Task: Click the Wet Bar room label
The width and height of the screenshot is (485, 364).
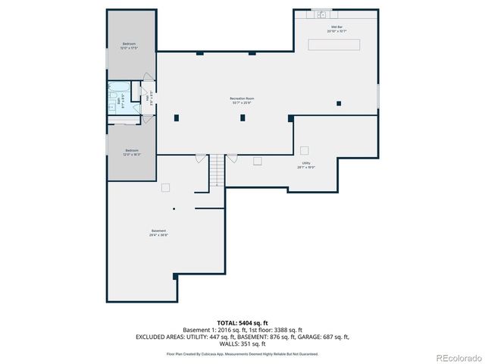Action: pos(336,30)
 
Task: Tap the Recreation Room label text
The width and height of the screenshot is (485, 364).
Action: pos(242,101)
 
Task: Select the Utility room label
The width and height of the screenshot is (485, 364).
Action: pos(306,165)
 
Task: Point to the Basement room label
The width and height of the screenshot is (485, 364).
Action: pos(158,233)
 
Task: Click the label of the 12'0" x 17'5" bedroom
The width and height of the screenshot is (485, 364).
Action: pos(130,46)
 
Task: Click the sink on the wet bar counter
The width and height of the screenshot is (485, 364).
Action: pos(324,13)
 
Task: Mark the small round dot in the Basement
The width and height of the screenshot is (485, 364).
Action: pos(174,209)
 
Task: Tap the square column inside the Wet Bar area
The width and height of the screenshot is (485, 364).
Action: pos(339,103)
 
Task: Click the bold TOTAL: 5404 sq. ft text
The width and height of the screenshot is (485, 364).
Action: pos(242,323)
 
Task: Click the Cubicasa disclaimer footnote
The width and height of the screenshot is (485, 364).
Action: pos(242,353)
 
